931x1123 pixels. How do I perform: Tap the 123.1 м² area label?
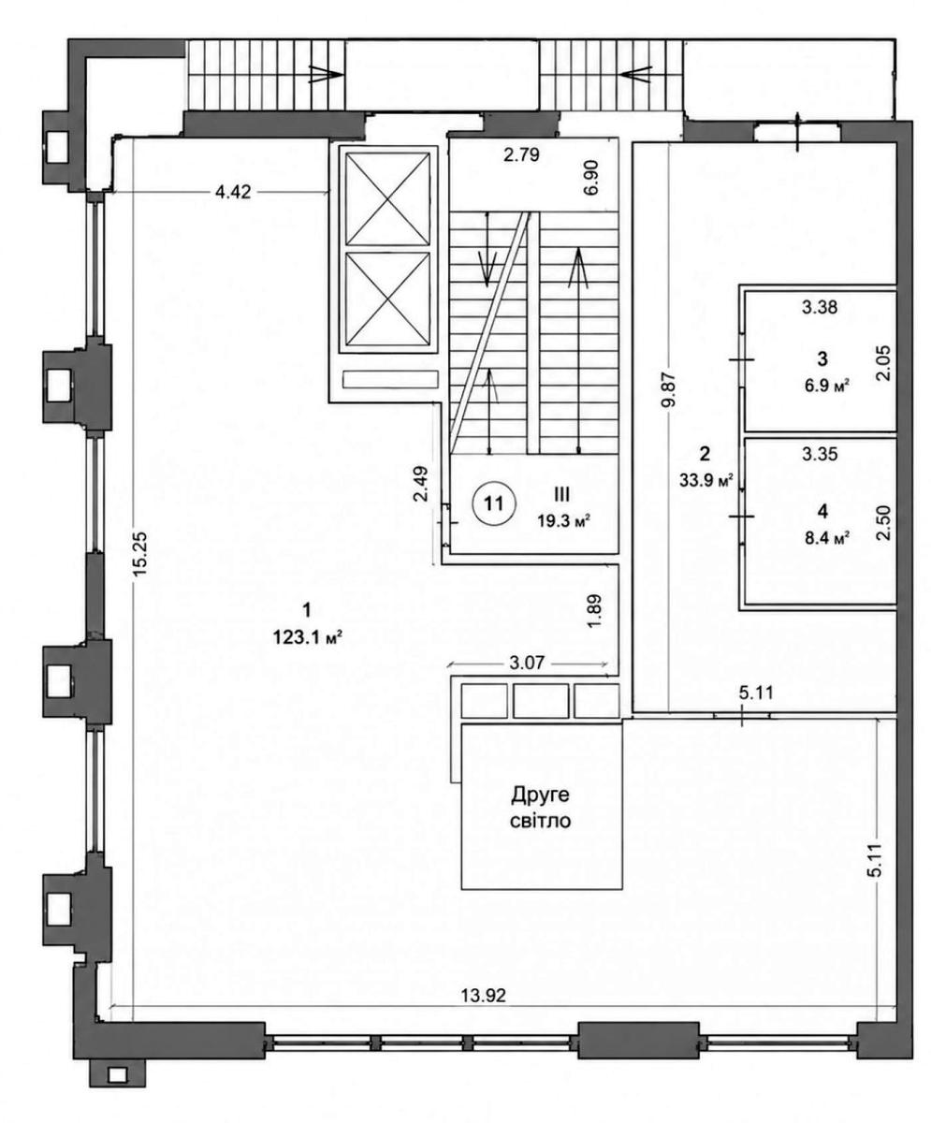point(308,638)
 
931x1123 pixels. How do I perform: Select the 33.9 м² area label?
point(706,480)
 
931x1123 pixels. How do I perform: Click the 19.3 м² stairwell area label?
point(564,520)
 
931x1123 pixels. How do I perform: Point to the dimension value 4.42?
point(233,192)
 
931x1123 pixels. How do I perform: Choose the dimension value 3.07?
point(527,664)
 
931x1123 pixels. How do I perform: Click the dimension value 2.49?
point(422,484)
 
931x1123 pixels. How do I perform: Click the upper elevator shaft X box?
point(387,199)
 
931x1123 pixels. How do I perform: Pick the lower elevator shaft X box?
point(387,300)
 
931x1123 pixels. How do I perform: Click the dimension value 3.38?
point(819,307)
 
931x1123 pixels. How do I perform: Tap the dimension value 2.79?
point(521,155)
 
